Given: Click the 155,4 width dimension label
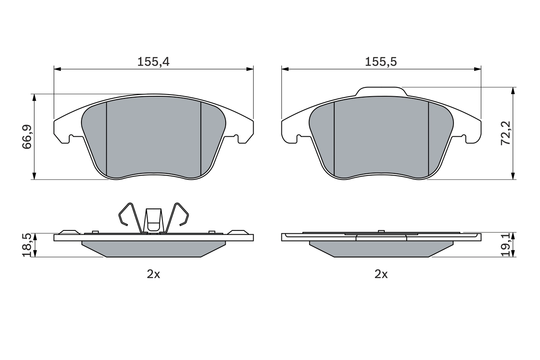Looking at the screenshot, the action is point(153,62).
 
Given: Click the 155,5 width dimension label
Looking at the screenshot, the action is point(381,62).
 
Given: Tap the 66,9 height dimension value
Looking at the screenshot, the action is point(27,137).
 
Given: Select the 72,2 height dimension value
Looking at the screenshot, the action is point(505,133).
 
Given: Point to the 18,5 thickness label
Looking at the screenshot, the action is point(27,245).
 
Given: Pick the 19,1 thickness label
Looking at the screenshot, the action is point(506,245).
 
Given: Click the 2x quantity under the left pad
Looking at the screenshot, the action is point(153,274).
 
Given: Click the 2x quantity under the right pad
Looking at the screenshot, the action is point(381,274).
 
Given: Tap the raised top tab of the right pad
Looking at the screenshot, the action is point(381,92).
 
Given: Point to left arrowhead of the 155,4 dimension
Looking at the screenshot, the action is point(57,69).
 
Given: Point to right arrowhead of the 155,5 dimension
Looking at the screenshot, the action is point(478,69).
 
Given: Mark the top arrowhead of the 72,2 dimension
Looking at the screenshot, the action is point(513,91).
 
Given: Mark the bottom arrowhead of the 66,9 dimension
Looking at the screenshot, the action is point(34,176).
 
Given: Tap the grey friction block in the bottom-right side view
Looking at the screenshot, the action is point(381,249).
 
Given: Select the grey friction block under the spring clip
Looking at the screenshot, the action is point(154,249).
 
